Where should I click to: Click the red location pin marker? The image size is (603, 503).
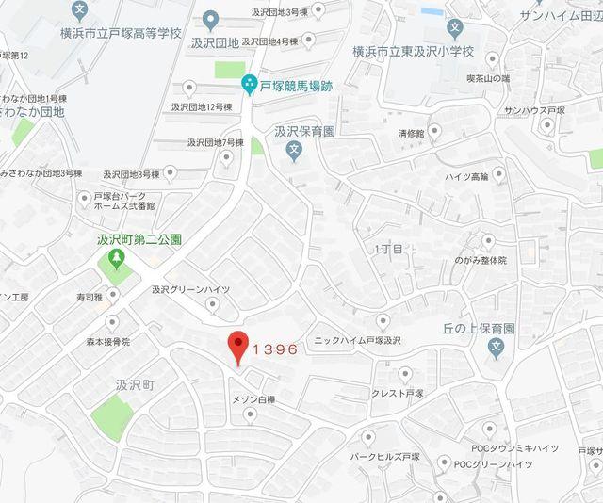click(x=237, y=347)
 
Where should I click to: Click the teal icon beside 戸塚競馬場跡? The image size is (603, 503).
click(x=249, y=84)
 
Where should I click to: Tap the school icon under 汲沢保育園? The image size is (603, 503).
click(x=295, y=150)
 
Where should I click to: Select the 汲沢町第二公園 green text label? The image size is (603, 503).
click(x=139, y=239)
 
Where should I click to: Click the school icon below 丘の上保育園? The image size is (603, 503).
click(x=497, y=348)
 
